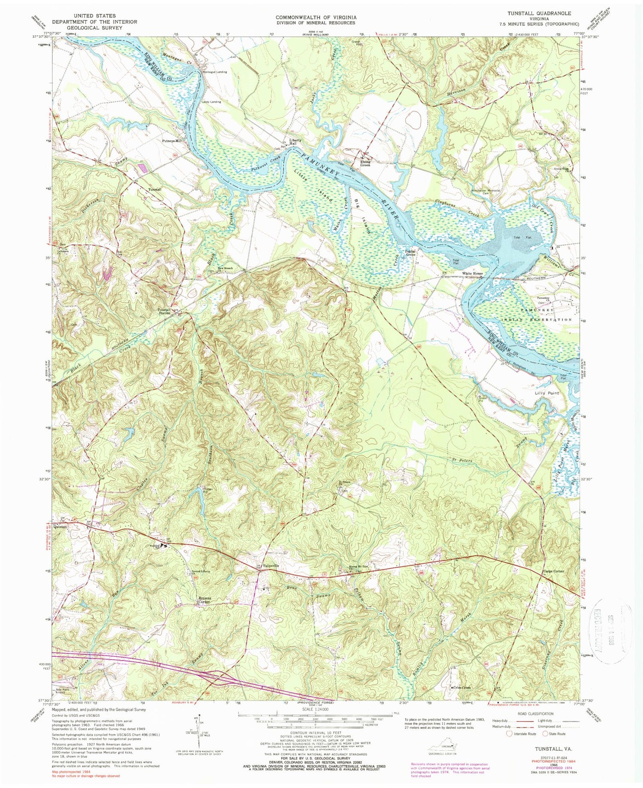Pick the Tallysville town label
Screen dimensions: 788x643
[x=271, y=566]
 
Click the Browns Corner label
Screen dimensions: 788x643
[x=203, y=601]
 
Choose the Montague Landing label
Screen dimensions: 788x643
[x=214, y=72]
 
